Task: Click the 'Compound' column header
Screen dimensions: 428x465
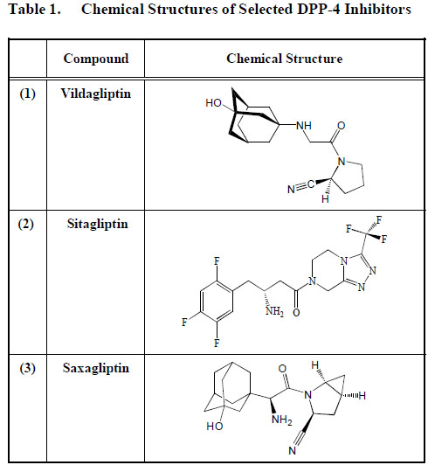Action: click(x=96, y=59)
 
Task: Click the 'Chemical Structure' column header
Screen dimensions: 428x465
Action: click(x=284, y=59)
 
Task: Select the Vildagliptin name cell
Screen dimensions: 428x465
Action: click(x=96, y=94)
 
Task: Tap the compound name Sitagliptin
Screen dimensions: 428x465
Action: click(x=98, y=225)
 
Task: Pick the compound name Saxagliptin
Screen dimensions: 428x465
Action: click(x=96, y=369)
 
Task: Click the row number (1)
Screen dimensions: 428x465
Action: click(x=28, y=94)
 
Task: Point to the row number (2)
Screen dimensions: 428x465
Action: click(x=26, y=224)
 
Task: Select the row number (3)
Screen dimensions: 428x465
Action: click(x=28, y=368)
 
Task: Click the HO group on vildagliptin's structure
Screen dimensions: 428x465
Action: click(x=213, y=103)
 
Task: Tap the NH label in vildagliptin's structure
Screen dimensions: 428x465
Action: click(x=304, y=126)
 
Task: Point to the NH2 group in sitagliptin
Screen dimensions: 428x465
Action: click(x=274, y=312)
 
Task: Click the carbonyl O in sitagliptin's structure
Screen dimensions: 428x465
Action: click(x=296, y=313)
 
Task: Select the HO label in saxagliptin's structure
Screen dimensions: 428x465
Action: click(x=215, y=427)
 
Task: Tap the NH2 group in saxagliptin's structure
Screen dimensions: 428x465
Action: click(x=282, y=420)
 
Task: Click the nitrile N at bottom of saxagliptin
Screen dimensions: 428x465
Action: click(x=293, y=451)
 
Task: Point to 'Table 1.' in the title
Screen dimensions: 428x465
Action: click(x=35, y=10)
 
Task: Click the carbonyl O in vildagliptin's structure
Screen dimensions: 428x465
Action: click(x=342, y=126)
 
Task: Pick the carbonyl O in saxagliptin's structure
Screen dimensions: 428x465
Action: click(x=282, y=369)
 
